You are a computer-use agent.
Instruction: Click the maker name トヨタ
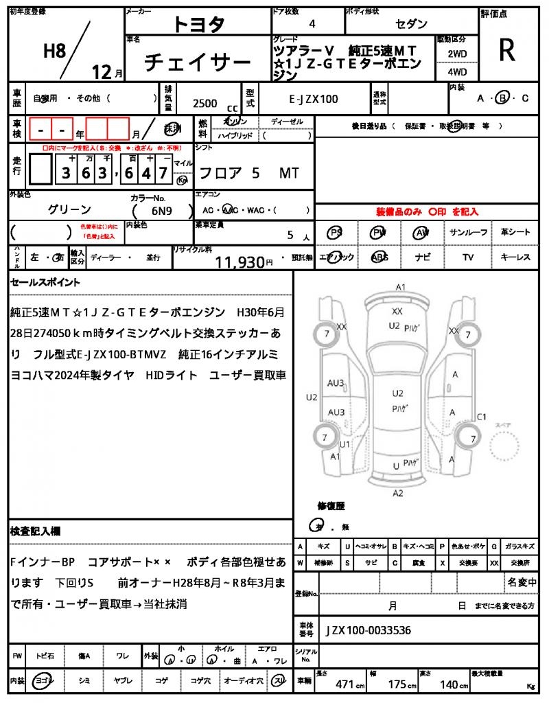coord(198,25)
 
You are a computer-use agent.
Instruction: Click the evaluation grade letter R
coord(507,50)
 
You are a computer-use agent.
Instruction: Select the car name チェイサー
coord(198,63)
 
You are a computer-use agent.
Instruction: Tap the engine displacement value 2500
coord(205,103)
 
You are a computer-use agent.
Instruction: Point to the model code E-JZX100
coord(313,100)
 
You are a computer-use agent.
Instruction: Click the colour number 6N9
coord(162,210)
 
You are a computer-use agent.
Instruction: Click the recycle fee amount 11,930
coord(240,262)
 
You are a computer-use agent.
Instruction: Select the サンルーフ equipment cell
coord(469,233)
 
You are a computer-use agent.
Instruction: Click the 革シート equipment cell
coord(515,233)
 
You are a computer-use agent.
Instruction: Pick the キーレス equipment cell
coord(515,257)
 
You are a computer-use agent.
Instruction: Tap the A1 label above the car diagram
coord(401,287)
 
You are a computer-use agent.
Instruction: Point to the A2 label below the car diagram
coord(397,493)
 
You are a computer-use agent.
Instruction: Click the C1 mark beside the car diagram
coord(481,417)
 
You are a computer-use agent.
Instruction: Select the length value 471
coord(344,684)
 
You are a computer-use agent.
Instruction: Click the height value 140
coord(449,684)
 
